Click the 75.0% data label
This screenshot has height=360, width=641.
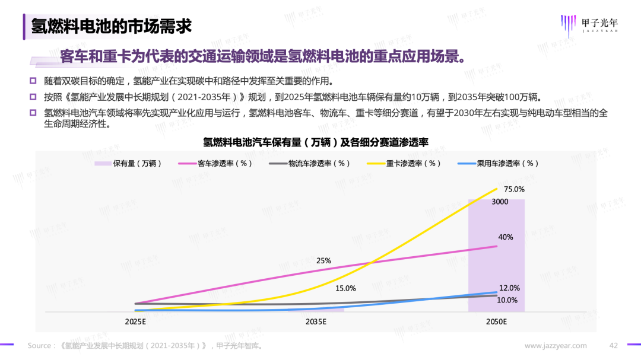tap(515, 189)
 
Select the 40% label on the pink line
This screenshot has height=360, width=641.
tap(506, 237)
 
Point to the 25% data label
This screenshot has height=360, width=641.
tap(323, 260)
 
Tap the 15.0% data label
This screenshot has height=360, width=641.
tap(345, 288)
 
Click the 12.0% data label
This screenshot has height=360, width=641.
tap(509, 288)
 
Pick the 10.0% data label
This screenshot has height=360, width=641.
tap(507, 300)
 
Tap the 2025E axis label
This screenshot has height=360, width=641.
tap(136, 322)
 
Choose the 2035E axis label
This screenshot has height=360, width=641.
tap(316, 322)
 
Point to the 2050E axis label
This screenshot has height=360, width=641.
tap(496, 322)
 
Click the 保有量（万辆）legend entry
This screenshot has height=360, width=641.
tap(129, 163)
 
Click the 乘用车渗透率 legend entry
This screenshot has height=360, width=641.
tap(499, 163)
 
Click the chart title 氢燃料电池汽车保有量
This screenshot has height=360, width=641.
tap(316, 142)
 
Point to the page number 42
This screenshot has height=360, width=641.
tap(614, 345)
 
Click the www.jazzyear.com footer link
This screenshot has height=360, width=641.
tap(556, 345)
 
